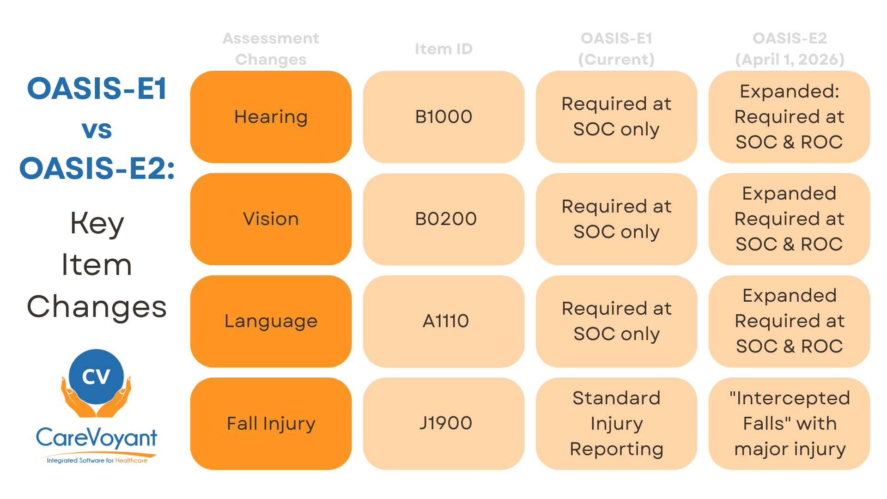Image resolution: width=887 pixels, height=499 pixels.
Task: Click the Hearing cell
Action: point(271,117)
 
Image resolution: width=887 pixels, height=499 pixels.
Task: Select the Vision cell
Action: point(271,219)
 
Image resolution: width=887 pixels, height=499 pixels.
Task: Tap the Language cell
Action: point(271,321)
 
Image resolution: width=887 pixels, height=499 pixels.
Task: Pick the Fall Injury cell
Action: point(271,423)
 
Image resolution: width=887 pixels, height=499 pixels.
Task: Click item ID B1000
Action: point(443,117)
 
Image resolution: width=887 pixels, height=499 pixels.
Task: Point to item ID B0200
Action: point(443,219)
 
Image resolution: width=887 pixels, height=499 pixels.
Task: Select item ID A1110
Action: point(443,321)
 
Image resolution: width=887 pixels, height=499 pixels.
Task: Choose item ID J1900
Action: point(443,423)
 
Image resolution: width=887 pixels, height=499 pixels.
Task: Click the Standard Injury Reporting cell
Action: point(616,423)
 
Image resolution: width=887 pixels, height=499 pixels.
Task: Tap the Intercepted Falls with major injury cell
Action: point(789,423)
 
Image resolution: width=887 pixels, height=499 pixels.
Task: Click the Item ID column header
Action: point(443,49)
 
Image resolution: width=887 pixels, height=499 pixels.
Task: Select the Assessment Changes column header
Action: point(271,49)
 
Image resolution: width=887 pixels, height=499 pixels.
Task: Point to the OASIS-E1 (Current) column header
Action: point(616,49)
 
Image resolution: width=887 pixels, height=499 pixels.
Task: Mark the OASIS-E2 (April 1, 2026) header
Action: point(790,49)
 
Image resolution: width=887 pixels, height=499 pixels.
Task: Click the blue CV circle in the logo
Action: point(96,377)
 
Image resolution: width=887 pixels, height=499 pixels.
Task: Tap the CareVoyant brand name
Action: point(97,437)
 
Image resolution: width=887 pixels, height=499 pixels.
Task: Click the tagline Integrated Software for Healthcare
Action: point(97,460)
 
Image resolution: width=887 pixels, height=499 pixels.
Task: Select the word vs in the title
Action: point(97,129)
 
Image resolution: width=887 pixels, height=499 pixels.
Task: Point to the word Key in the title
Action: point(97,224)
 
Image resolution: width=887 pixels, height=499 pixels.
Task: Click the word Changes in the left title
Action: point(97,307)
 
